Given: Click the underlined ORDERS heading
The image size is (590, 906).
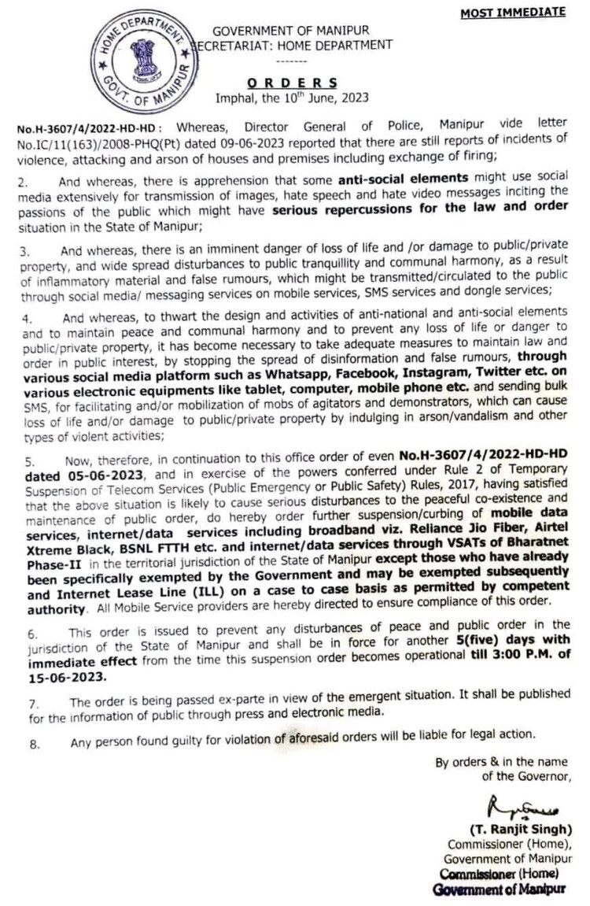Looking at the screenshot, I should click(292, 83).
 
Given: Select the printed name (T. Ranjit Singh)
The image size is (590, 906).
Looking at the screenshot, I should click(520, 830).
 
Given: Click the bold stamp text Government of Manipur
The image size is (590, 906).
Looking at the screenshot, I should click(500, 889).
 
